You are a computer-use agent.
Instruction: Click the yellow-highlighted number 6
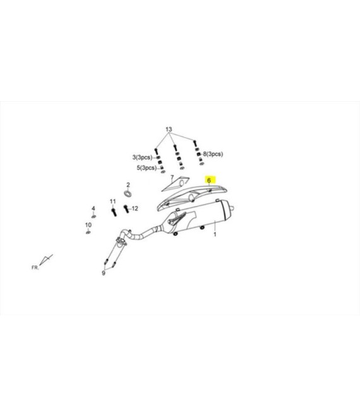[x=209, y=180]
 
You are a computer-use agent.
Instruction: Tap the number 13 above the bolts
[x=169, y=130]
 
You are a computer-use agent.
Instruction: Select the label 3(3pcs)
[x=142, y=157]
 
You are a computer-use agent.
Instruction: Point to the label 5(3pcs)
[x=147, y=168]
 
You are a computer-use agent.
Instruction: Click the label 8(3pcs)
[x=213, y=154]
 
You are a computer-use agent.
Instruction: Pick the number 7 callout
[x=172, y=177]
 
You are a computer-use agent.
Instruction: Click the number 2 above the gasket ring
[x=128, y=184]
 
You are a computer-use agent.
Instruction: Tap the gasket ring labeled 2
[x=128, y=193]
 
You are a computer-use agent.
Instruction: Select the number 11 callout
[x=112, y=202]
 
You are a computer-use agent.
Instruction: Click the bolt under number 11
[x=114, y=212]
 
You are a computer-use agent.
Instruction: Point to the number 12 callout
[x=135, y=208]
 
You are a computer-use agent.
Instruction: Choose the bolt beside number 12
[x=126, y=208]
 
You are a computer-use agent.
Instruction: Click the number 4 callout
[x=93, y=208]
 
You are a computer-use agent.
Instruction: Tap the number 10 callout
[x=88, y=225]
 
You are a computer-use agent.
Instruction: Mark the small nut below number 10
[x=88, y=233]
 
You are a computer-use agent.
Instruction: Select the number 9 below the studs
[x=104, y=273]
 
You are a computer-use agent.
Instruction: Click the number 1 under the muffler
[x=215, y=234]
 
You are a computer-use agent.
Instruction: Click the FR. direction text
[x=35, y=267]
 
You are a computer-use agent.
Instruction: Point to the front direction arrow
[x=45, y=260]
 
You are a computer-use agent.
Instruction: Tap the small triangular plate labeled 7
[x=176, y=184]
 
